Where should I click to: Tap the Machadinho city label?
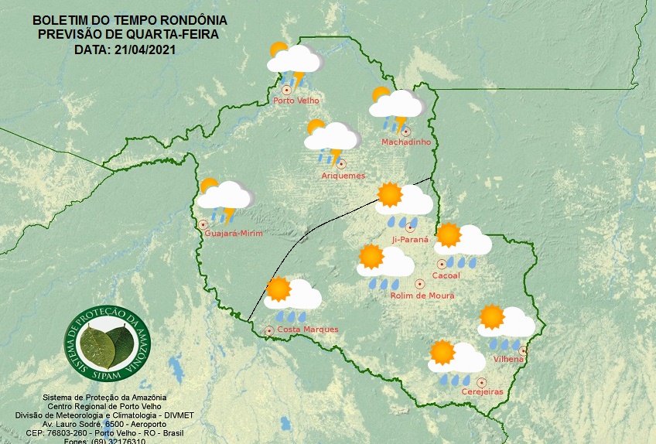[406, 142]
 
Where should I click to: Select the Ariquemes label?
[343, 176]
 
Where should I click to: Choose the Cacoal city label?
[446, 275]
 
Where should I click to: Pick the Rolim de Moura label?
[422, 295]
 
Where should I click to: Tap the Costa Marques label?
[307, 330]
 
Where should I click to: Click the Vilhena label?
[508, 359]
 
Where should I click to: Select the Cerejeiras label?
[482, 391]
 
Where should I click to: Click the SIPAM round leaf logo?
[108, 342]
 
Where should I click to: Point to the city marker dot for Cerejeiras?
[481, 381]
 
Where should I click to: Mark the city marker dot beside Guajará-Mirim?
[203, 224]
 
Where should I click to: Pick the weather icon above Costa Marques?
[292, 299]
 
